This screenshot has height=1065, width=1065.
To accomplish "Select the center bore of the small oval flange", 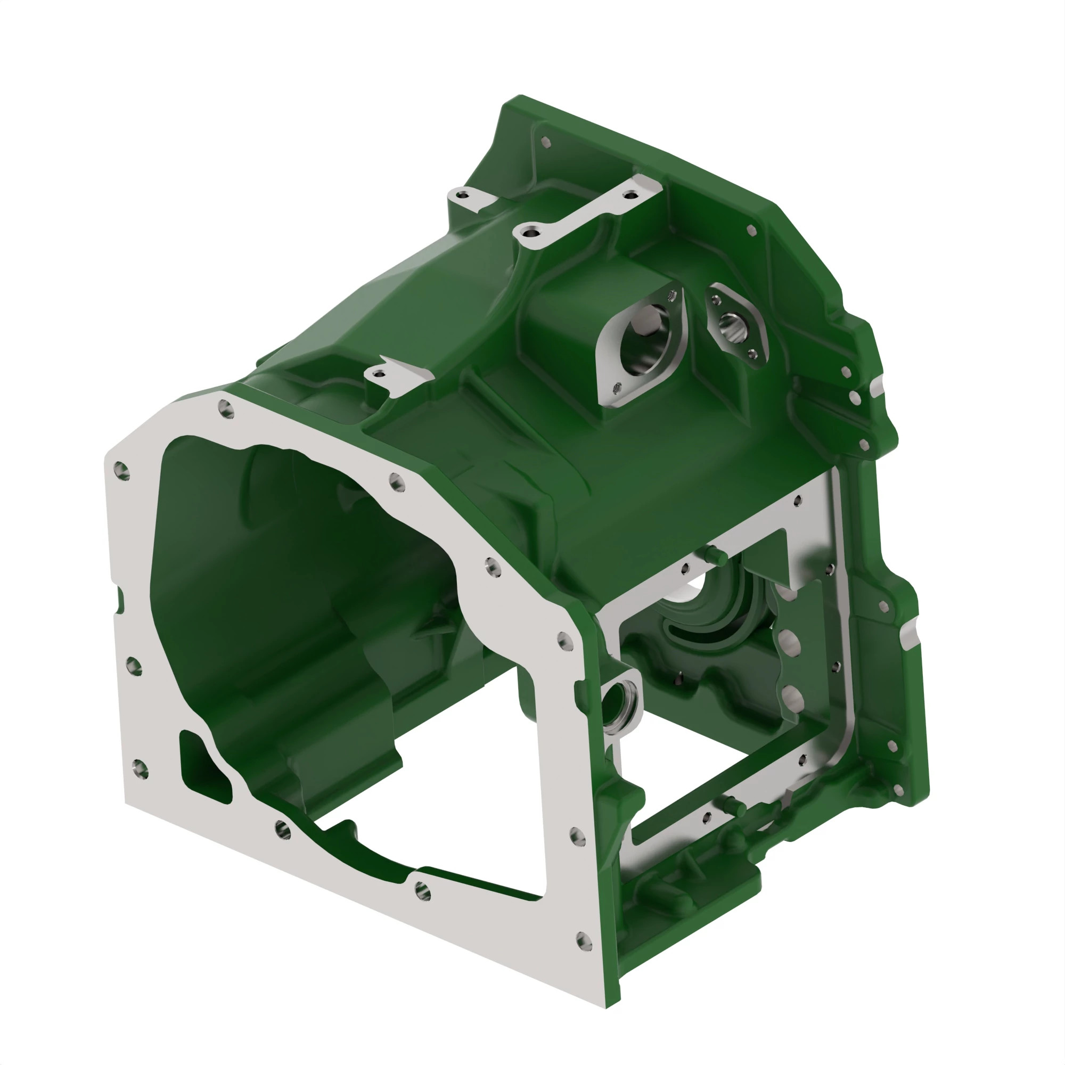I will pyautogui.click(x=734, y=327).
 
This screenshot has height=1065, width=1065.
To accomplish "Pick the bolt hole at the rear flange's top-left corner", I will pyautogui.click(x=546, y=142).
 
